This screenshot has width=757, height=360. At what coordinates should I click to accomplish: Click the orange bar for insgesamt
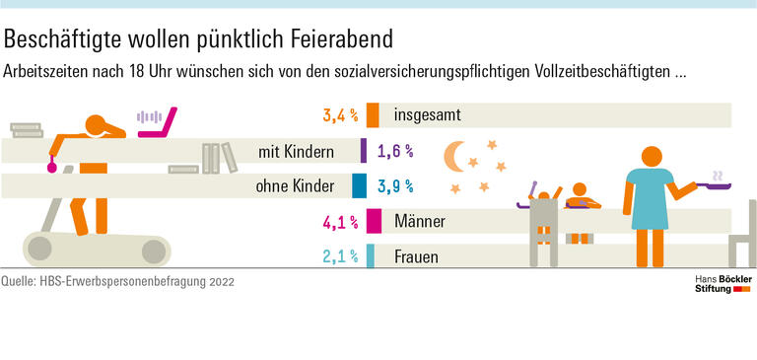pyautogui.click(x=373, y=115)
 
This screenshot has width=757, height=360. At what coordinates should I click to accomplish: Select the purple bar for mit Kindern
pyautogui.click(x=364, y=151)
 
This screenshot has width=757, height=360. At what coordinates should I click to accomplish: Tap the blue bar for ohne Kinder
pyautogui.click(x=359, y=185)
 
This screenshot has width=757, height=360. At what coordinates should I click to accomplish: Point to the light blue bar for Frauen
pyautogui.click(x=370, y=256)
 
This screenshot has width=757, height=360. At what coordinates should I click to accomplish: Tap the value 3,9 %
pyautogui.click(x=394, y=186)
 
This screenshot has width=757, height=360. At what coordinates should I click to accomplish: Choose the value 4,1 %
pyautogui.click(x=339, y=222)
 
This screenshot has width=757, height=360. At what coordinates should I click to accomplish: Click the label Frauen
pyautogui.click(x=415, y=257)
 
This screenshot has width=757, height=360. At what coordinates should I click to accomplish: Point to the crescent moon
pyautogui.click(x=454, y=157)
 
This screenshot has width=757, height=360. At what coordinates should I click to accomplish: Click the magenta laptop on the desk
pyautogui.click(x=158, y=124)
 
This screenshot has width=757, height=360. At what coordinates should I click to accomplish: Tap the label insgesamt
pyautogui.click(x=428, y=116)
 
